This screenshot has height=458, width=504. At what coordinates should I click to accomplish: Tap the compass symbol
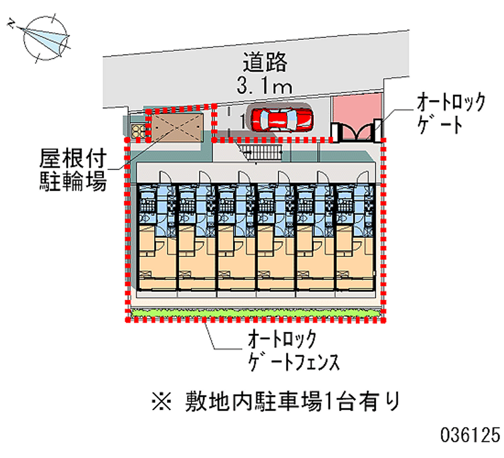coord(43,38)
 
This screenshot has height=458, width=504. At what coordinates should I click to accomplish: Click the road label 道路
coord(266,63)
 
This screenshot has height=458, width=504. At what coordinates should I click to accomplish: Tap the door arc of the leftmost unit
coord(166,177)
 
